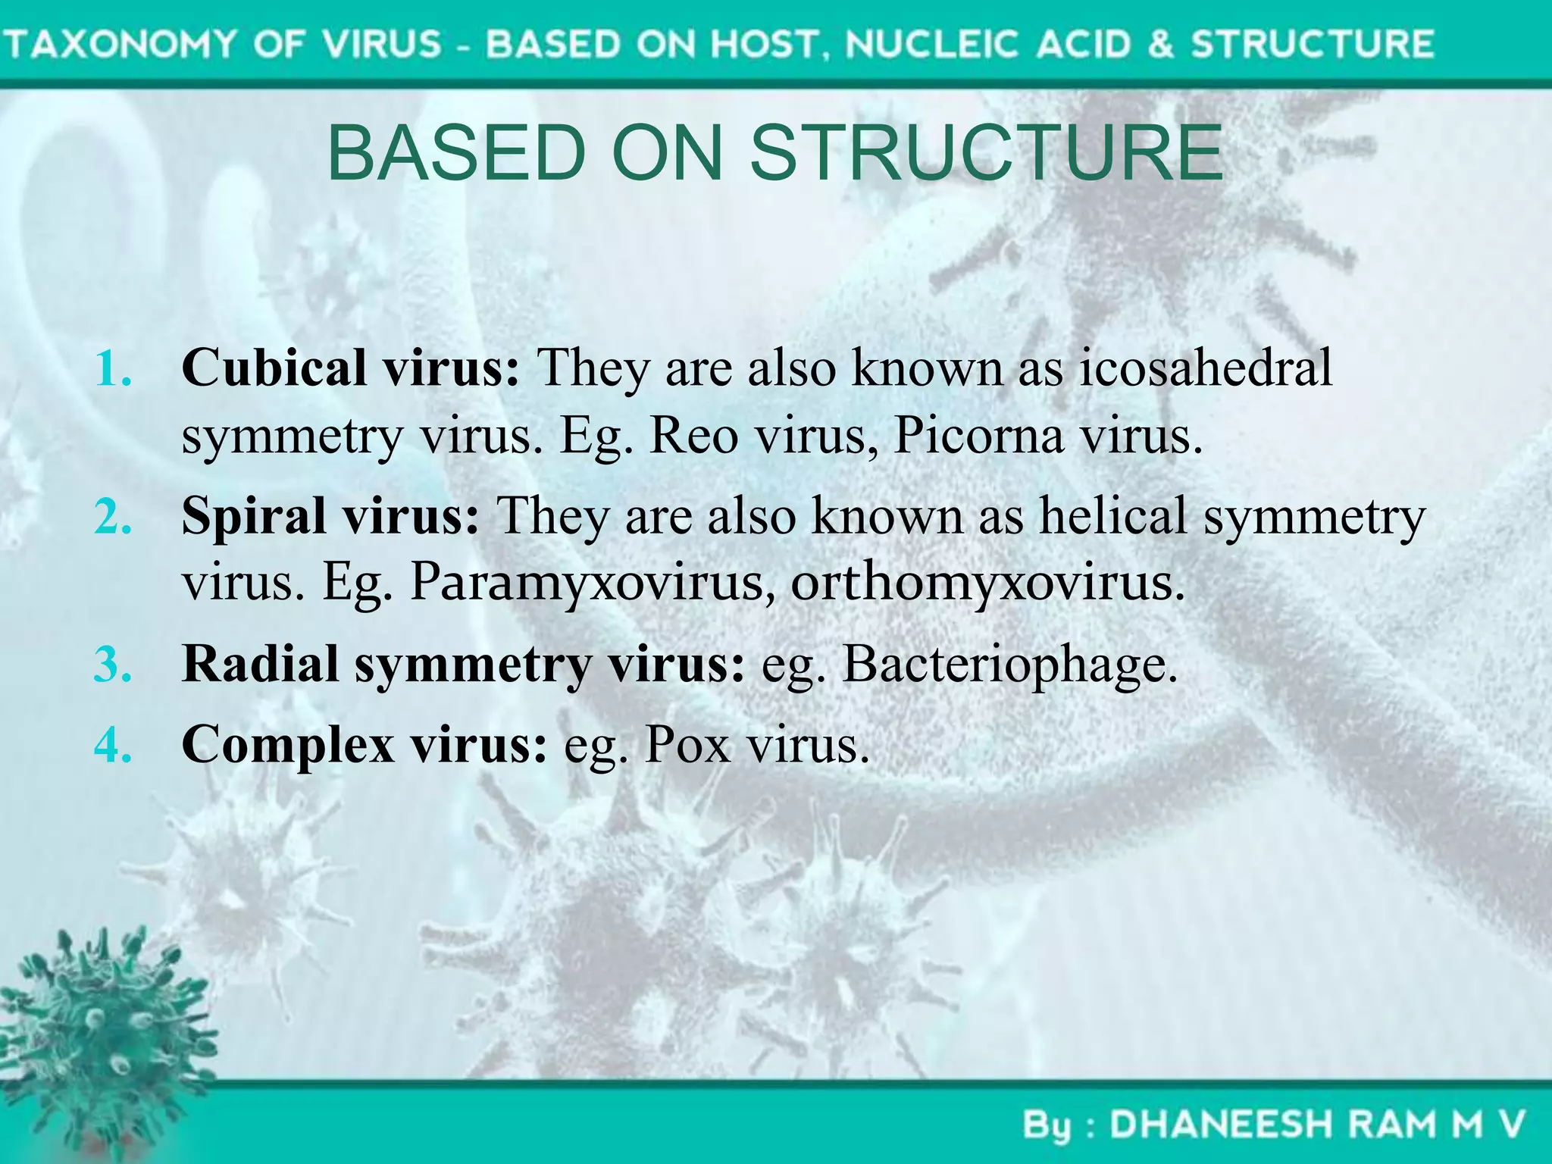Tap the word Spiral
point(254,517)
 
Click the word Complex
point(288,746)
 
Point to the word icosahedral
point(1205,368)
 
